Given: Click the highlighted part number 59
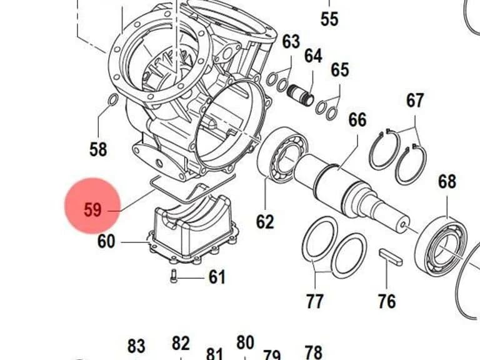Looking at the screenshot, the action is coord(92,210).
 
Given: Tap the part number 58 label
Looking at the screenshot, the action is coord(98,149).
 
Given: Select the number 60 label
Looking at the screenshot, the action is coord(106,241).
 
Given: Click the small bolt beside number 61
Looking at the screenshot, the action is coord(174,276).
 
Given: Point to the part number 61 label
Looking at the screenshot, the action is coord(217,277).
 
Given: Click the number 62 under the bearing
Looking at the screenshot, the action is coord(265,221).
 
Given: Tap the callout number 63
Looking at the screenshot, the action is coord(291,41).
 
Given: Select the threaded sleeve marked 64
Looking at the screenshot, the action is coord(301,95).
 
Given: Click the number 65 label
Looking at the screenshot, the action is coord(340,70).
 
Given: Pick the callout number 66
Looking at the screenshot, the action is coord(357,120).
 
